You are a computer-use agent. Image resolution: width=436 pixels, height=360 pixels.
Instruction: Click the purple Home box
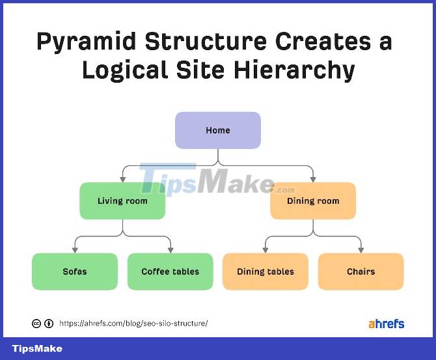pyautogui.click(x=218, y=130)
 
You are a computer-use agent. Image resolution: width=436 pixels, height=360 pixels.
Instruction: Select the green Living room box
pyautogui.click(x=122, y=201)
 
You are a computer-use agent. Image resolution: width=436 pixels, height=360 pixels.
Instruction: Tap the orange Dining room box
pyautogui.click(x=313, y=201)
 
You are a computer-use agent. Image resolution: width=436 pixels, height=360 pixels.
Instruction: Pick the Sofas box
pyautogui.click(x=75, y=271)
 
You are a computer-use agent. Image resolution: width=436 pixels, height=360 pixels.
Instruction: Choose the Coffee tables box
pyautogui.click(x=170, y=271)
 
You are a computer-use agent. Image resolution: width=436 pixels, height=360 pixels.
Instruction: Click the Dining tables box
pyautogui.click(x=266, y=271)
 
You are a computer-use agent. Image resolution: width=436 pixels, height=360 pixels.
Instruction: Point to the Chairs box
pyautogui.click(x=361, y=271)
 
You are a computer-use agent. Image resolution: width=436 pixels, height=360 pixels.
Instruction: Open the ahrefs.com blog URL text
pyautogui.click(x=133, y=323)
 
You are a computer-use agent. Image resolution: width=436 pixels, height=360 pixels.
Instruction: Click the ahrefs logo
pyautogui.click(x=386, y=323)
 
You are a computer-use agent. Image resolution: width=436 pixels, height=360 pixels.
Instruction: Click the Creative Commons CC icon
pyautogui.click(x=36, y=324)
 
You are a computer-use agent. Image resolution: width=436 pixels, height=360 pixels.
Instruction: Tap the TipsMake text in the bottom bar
pyautogui.click(x=37, y=349)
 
